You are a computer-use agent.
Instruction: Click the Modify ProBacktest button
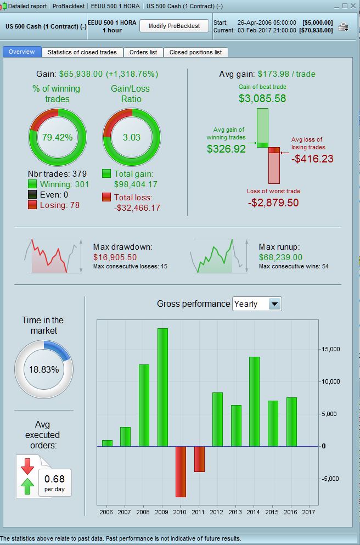[175, 26]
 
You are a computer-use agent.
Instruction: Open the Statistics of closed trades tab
[82, 52]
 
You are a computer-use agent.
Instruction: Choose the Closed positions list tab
[195, 52]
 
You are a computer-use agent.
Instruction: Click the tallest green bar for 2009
[162, 387]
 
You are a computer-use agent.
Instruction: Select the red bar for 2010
[181, 471]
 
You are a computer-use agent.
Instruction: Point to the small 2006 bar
[107, 443]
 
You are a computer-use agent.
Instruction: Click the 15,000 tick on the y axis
[331, 349]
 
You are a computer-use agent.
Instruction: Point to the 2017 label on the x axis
[310, 512]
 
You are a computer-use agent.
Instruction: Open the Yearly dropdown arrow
[275, 304]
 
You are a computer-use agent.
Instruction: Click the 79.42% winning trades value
[58, 137]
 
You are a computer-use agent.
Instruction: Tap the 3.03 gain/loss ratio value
[132, 137]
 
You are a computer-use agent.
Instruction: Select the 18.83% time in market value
[44, 369]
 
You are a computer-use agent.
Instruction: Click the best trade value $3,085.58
[262, 99]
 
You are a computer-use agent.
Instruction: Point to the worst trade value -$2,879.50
[273, 203]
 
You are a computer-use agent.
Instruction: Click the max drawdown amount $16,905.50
[115, 257]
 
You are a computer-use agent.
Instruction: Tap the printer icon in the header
[344, 26]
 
